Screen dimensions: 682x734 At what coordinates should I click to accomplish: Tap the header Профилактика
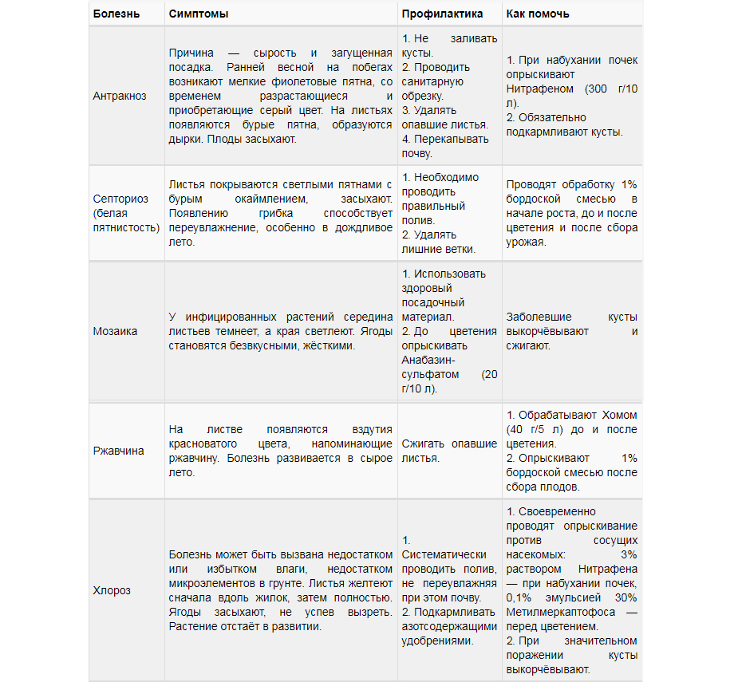(442, 14)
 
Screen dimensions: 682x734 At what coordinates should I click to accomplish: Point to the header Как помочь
(538, 14)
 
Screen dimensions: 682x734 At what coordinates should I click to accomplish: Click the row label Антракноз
(120, 96)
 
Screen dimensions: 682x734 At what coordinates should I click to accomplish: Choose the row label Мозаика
(115, 331)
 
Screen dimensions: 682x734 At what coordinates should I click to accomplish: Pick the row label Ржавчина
(119, 451)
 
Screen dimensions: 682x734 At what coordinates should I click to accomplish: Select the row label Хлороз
(112, 591)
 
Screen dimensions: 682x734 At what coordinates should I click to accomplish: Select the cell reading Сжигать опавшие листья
(449, 451)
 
